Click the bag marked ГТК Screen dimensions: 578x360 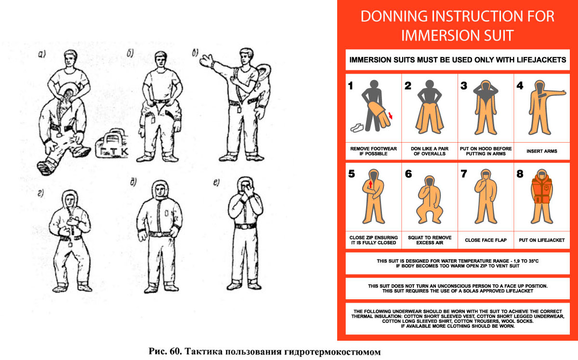click(111, 145)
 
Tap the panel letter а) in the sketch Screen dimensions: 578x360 click(42, 54)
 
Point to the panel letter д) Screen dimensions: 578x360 click(133, 182)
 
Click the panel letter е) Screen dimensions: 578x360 click(216, 182)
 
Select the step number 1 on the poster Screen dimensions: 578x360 click(351, 86)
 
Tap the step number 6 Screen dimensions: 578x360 click(408, 174)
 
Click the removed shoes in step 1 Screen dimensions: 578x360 click(357, 128)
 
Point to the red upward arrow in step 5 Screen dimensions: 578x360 click(370, 185)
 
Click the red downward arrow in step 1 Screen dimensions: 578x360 click(391, 116)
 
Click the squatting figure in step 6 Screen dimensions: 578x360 click(430, 200)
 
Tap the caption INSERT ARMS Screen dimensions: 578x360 click(541, 151)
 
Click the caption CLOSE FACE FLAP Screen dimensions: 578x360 click(486, 240)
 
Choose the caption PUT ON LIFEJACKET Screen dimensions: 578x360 click(541, 240)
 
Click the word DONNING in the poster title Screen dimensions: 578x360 click(394, 16)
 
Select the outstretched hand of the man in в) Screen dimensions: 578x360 click(207, 61)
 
